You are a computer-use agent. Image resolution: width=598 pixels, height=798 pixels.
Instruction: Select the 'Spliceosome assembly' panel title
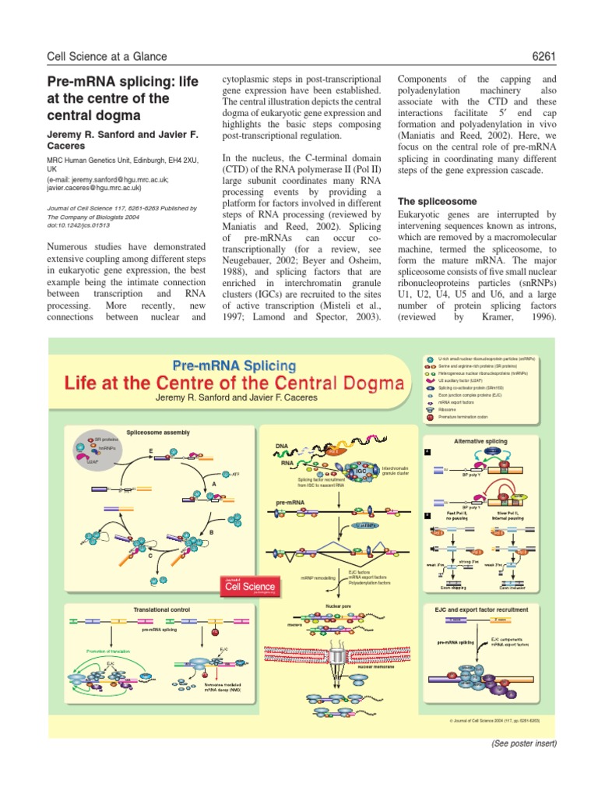[x=157, y=432]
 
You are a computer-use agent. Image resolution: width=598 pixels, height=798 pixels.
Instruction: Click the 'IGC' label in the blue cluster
[x=361, y=471]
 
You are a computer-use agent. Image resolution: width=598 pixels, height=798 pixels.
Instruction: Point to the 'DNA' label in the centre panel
[x=282, y=446]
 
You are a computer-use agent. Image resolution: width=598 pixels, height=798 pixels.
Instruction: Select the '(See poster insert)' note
[x=523, y=743]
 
